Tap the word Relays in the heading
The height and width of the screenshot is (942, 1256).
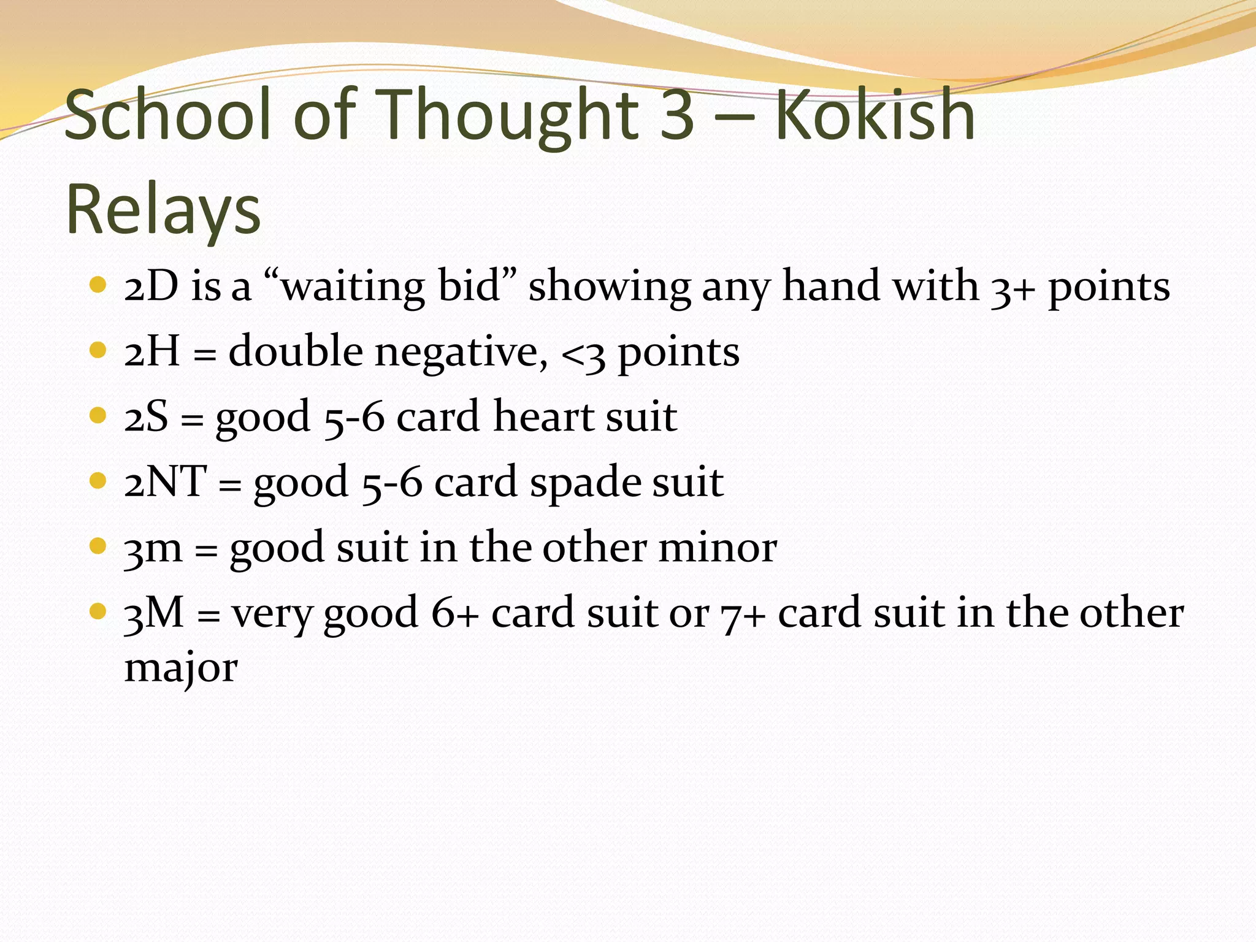163,210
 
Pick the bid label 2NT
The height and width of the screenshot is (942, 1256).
165,482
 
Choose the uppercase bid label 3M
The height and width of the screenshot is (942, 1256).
154,613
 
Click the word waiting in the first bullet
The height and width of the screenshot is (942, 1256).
353,287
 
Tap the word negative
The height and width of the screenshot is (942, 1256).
461,353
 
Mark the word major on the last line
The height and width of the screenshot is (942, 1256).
181,668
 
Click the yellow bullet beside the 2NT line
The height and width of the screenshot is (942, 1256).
98,480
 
